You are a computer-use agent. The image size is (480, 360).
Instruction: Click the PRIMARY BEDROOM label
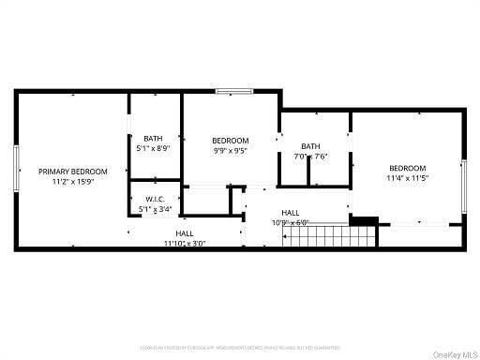point(72,172)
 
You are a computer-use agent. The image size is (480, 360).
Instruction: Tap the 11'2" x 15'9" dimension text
point(72,182)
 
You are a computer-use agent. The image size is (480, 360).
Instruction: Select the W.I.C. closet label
point(155,200)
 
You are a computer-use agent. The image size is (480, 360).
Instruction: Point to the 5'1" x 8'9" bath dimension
point(154,149)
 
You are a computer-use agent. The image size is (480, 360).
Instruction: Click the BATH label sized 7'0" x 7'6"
point(310,146)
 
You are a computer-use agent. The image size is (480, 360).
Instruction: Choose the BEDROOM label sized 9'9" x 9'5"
point(230,140)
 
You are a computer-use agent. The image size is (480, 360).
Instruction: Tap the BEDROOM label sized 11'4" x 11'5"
point(407,168)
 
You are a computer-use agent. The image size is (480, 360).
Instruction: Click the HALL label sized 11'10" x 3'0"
point(185,232)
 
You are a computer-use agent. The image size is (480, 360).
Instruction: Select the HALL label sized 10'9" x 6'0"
point(291,213)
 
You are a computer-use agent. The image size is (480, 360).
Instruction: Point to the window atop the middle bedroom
point(232,91)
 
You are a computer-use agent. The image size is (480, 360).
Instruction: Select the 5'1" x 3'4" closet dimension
point(155,210)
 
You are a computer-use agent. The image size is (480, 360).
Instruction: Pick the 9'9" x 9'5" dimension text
point(230,150)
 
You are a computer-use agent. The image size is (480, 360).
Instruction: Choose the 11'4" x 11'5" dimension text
point(407,178)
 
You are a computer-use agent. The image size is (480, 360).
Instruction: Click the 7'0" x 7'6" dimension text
point(310,157)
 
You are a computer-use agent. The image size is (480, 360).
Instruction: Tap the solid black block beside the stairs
point(363,222)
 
